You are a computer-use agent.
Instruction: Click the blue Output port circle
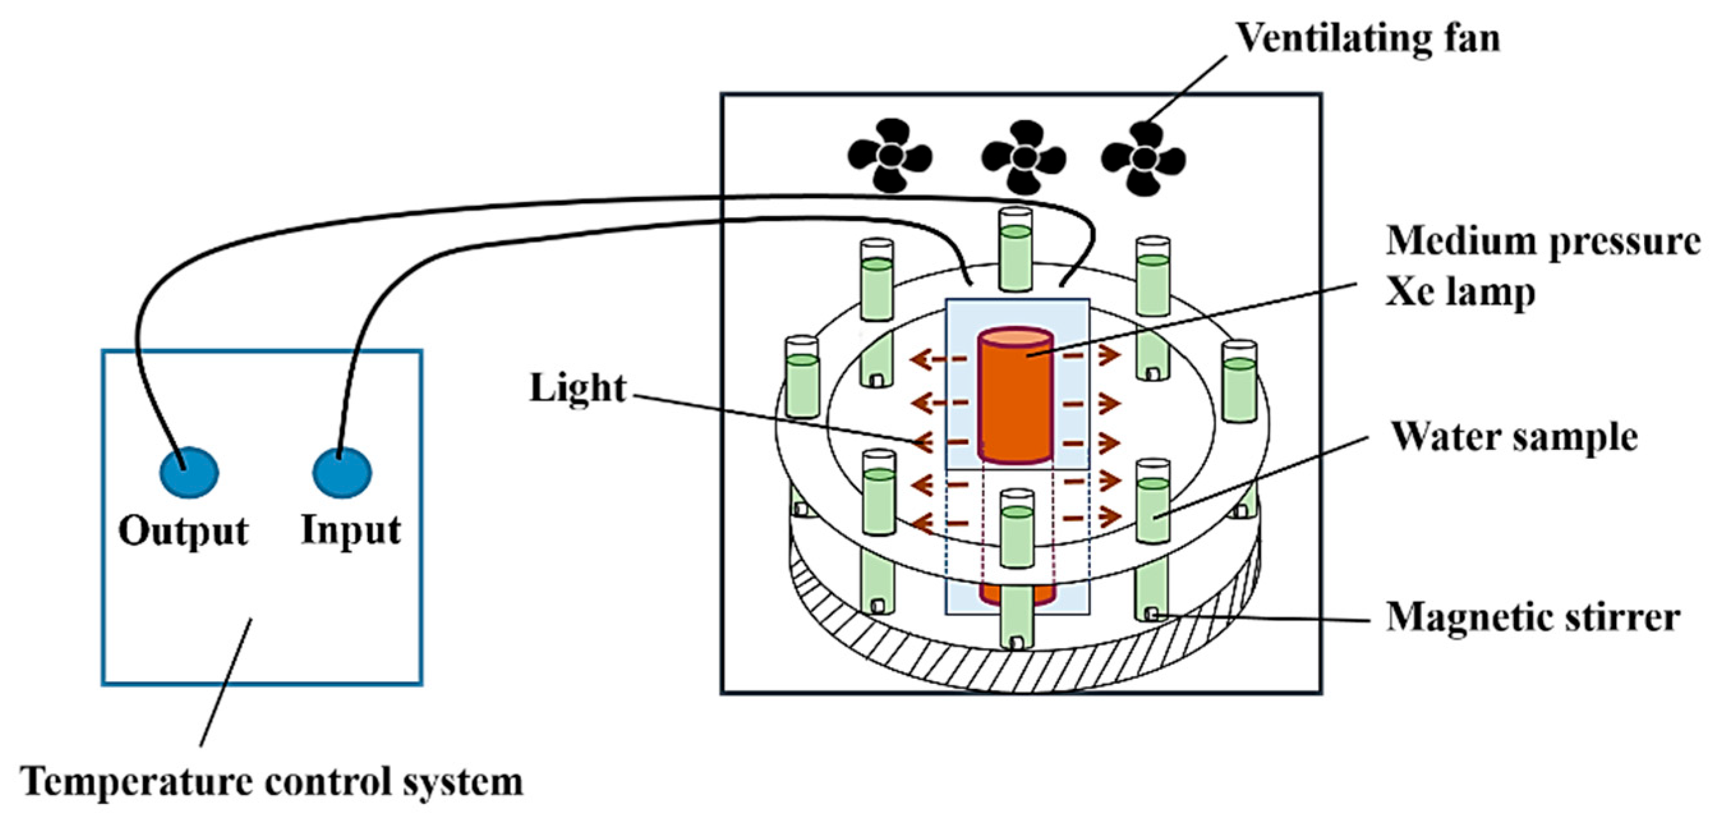(188, 472)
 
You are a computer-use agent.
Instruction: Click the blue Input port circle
(342, 472)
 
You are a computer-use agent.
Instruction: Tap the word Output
(183, 531)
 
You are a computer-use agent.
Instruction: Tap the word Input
(351, 530)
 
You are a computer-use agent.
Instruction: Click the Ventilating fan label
(1368, 38)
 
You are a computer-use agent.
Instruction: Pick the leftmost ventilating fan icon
(889, 157)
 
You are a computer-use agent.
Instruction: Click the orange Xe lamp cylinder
(1014, 395)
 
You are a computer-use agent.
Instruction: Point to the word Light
(578, 388)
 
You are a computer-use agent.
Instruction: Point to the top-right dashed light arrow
(1091, 357)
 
